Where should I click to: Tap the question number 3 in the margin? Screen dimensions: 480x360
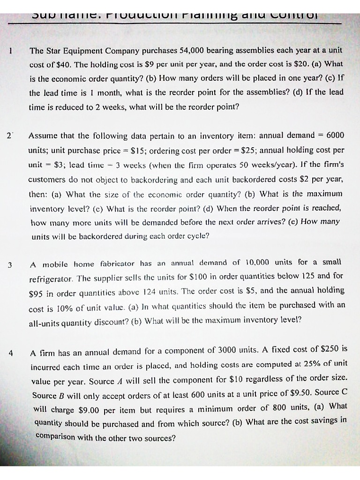click(x=9, y=265)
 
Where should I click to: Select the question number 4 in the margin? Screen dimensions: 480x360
click(x=10, y=352)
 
